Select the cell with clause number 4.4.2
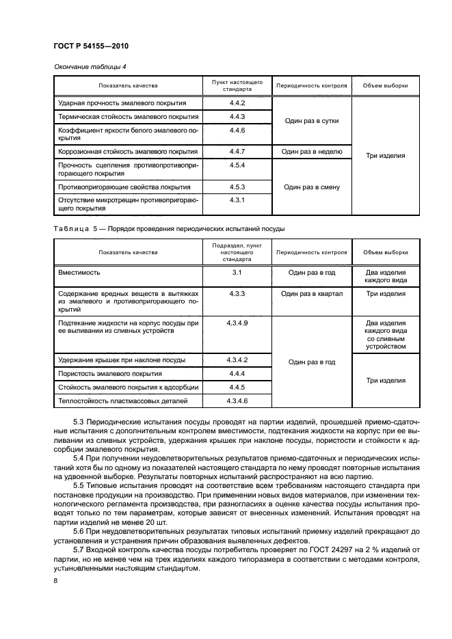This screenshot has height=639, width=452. pyautogui.click(x=237, y=103)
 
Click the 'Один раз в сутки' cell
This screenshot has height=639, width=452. pyautogui.click(x=311, y=120)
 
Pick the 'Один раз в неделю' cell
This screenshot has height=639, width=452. pyautogui.click(x=312, y=152)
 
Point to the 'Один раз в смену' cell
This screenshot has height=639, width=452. pyautogui.click(x=311, y=187)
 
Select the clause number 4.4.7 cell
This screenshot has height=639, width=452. pyautogui.click(x=237, y=152)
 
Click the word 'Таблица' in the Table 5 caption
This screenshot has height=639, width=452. pyautogui.click(x=72, y=228)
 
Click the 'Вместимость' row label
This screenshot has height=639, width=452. pyautogui.click(x=79, y=272)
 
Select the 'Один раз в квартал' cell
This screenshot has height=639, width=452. pyautogui.click(x=311, y=293)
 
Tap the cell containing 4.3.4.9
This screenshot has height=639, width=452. pyautogui.click(x=237, y=323)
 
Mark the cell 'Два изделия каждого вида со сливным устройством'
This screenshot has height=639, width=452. pyautogui.click(x=386, y=334)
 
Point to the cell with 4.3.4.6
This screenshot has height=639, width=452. pyautogui.click(x=237, y=401)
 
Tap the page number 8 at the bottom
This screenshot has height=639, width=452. pyautogui.click(x=55, y=581)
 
